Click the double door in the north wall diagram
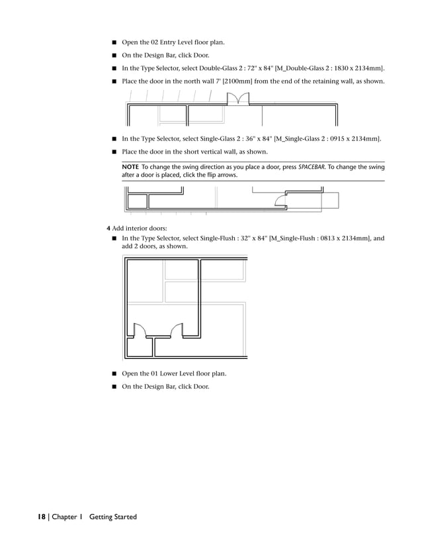[x=237, y=99]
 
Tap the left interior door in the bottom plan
[x=140, y=329]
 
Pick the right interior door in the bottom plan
[x=177, y=329]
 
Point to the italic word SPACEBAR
[x=314, y=167]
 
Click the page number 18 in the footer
[x=41, y=517]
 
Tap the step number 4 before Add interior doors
[x=108, y=228]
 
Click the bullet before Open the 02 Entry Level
[x=114, y=43]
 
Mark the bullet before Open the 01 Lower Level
[x=114, y=373]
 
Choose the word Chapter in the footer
[x=65, y=517]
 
